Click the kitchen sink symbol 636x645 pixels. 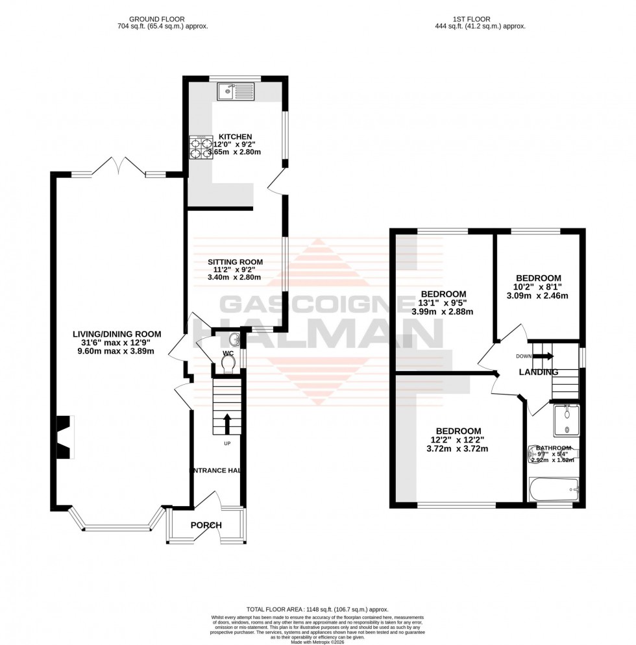click(238, 91)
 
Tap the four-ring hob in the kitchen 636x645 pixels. click(201, 147)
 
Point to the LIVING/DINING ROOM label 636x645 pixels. click(117, 334)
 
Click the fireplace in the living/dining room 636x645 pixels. click(64, 437)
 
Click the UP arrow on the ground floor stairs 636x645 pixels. click(227, 422)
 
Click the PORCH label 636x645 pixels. click(206, 525)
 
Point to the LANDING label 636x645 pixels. click(539, 372)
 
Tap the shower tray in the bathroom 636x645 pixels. click(567, 420)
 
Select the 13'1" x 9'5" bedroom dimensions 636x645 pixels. click(443, 306)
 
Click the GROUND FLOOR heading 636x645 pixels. click(163, 19)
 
